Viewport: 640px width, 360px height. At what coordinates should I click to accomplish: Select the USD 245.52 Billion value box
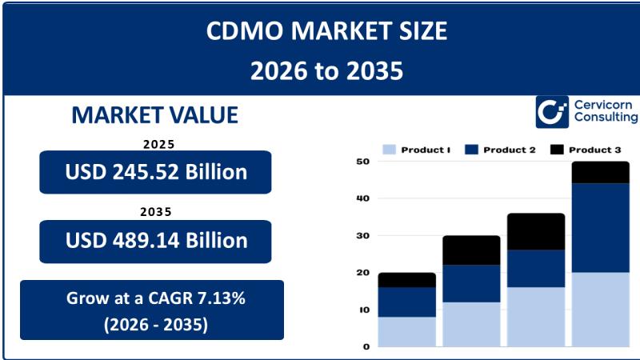[155, 171]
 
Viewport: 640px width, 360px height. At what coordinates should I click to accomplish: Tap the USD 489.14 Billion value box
[155, 241]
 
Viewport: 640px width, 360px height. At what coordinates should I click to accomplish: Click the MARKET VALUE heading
[154, 115]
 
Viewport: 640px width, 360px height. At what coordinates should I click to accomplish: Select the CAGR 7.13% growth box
[152, 310]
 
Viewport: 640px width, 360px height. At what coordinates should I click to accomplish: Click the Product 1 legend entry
[418, 150]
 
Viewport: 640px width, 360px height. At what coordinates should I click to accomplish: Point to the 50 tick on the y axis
[362, 162]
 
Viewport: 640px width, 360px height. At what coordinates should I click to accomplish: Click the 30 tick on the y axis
[362, 236]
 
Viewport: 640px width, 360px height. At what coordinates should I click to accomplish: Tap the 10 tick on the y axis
[362, 310]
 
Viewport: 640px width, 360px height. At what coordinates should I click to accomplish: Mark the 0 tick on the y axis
[366, 346]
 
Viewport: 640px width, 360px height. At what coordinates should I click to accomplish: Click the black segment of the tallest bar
[600, 172]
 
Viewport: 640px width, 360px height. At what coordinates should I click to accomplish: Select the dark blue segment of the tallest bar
[600, 228]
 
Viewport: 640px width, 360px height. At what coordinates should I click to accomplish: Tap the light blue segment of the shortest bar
[406, 332]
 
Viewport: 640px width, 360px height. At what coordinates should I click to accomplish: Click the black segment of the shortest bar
[406, 280]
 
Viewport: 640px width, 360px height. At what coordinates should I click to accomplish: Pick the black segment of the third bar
[535, 231]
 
